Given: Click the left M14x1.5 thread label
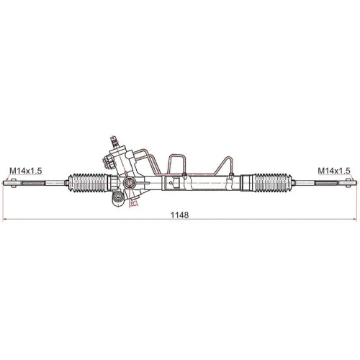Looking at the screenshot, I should (26, 171).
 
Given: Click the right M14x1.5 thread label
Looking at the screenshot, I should (334, 171).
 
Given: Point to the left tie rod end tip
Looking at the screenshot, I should (9, 183).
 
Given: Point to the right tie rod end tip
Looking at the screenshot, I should (351, 183).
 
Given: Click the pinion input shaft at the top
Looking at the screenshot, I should (112, 141).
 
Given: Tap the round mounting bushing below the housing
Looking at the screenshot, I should (117, 199).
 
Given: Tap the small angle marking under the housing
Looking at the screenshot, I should (134, 203).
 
